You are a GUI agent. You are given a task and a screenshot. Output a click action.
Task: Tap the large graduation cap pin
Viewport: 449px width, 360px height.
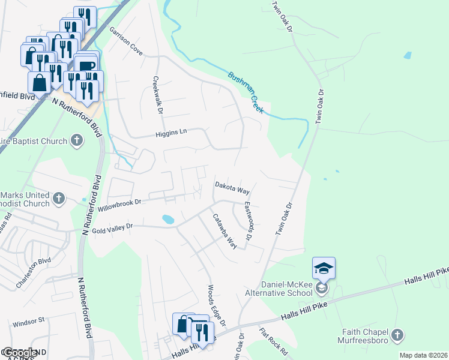coord(324,268)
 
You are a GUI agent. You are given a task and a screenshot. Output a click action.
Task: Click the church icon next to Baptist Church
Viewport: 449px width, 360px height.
coord(76,140)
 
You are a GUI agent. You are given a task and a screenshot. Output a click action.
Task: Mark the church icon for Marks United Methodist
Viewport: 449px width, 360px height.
coord(59,198)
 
